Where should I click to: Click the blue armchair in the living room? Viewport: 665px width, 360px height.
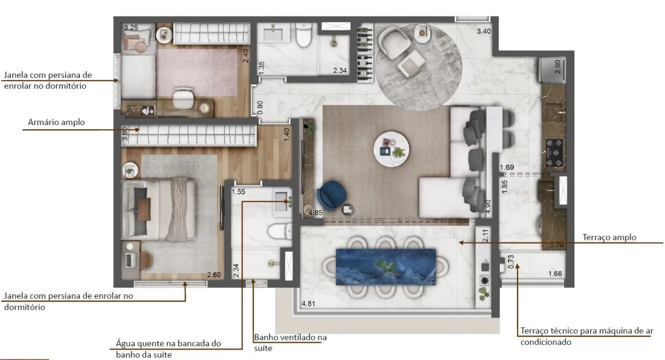coord(332,196)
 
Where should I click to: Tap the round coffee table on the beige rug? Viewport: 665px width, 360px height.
coord(391,150)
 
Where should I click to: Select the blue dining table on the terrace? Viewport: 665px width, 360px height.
coord(386,267)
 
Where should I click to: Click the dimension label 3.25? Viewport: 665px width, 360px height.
coord(131,28)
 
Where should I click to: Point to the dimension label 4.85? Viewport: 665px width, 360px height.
coord(315,213)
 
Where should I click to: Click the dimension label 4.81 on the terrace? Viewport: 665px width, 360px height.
coord(308,303)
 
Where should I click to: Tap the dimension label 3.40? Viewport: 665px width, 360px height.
coord(484,31)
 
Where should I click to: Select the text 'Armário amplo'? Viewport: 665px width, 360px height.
coord(57,122)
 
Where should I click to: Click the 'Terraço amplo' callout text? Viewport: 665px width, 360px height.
coord(609,237)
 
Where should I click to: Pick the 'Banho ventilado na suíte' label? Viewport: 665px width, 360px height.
coord(290,343)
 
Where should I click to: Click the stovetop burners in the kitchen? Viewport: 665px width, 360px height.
coord(554,153)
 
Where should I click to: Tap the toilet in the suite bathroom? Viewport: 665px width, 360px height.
coord(280,231)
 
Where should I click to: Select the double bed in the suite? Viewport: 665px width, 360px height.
coord(159,209)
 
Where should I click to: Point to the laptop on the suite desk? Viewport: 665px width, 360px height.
coord(130,260)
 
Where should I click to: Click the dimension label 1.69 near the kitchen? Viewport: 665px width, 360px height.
coord(507,168)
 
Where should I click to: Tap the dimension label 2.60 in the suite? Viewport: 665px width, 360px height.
coord(214,275)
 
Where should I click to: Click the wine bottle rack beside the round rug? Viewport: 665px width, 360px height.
coord(365,53)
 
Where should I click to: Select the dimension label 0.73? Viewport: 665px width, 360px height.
coord(511,262)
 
